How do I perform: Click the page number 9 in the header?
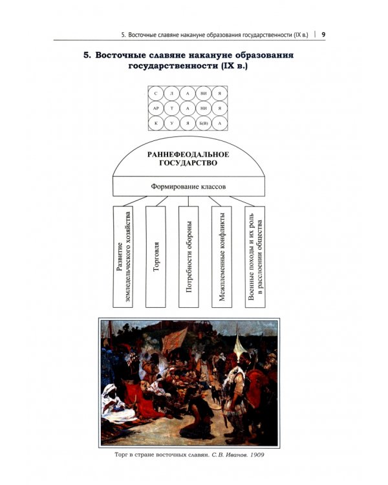323,34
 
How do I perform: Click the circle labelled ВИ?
204,94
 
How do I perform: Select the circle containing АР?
156,109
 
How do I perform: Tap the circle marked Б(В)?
204,123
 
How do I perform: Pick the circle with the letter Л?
172,94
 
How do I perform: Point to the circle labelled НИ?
204,109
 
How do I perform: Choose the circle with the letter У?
172,123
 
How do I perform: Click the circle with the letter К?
156,123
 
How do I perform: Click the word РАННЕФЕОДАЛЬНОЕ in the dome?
188,155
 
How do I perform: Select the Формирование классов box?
189,186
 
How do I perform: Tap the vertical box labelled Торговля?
156,257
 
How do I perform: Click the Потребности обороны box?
189,257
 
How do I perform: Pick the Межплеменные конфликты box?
222,257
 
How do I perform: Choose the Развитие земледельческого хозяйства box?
123,257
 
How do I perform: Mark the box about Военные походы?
255,257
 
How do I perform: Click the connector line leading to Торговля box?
162,201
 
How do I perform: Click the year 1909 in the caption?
257,455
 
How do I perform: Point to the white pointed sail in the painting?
239,343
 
